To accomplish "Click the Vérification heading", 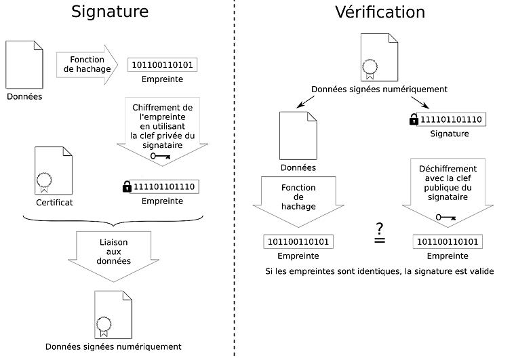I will point(380,12).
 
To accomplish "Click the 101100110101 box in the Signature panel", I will point(163,66).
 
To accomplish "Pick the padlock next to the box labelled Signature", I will point(414,120).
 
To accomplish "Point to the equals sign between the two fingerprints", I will point(380,241).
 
